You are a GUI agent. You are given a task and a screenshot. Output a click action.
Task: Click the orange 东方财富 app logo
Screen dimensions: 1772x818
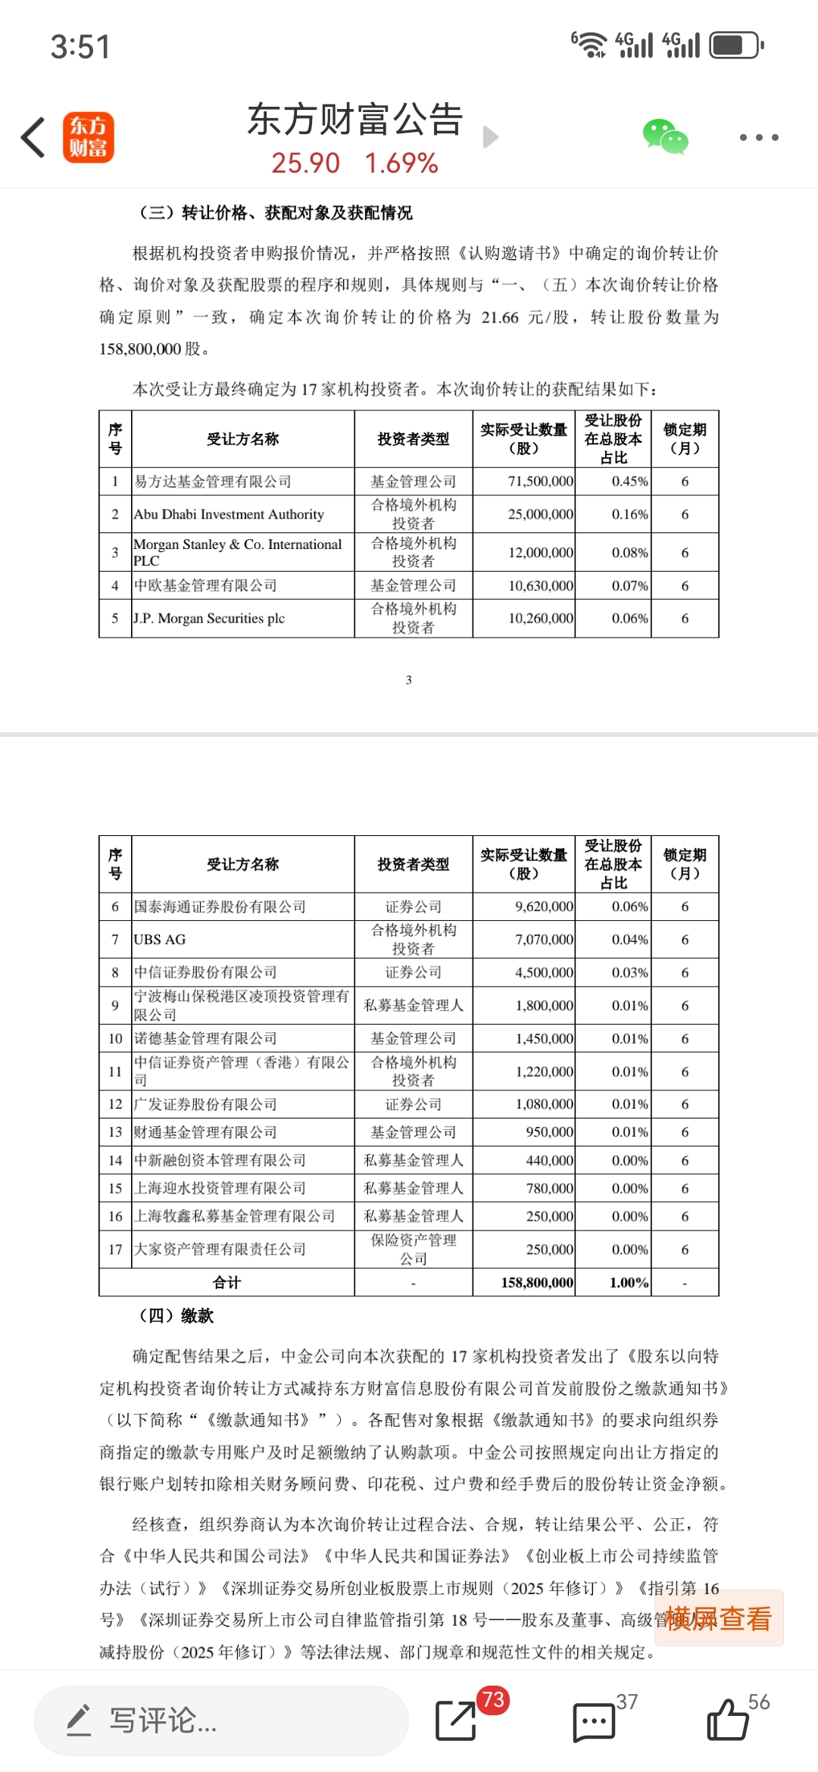(89, 138)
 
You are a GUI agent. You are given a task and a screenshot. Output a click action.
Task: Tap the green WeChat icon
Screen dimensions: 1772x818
(665, 137)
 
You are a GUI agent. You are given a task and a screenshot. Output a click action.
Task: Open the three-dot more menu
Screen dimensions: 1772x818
(758, 138)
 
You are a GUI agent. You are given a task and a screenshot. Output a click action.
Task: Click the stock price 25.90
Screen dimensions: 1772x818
(306, 163)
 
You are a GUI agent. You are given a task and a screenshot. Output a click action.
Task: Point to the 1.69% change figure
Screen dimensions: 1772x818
(401, 163)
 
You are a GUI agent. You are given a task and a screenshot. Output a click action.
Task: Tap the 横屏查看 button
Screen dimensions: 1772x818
(718, 1618)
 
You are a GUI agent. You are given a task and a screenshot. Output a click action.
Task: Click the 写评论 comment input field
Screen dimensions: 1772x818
(221, 1721)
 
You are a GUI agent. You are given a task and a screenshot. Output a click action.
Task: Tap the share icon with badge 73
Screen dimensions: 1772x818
(457, 1720)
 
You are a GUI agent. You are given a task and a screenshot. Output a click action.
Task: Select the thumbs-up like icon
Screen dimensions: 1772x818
(728, 1720)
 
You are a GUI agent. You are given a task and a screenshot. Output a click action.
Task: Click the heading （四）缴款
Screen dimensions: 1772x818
(176, 1316)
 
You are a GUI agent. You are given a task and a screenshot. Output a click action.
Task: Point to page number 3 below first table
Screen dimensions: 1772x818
(409, 680)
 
